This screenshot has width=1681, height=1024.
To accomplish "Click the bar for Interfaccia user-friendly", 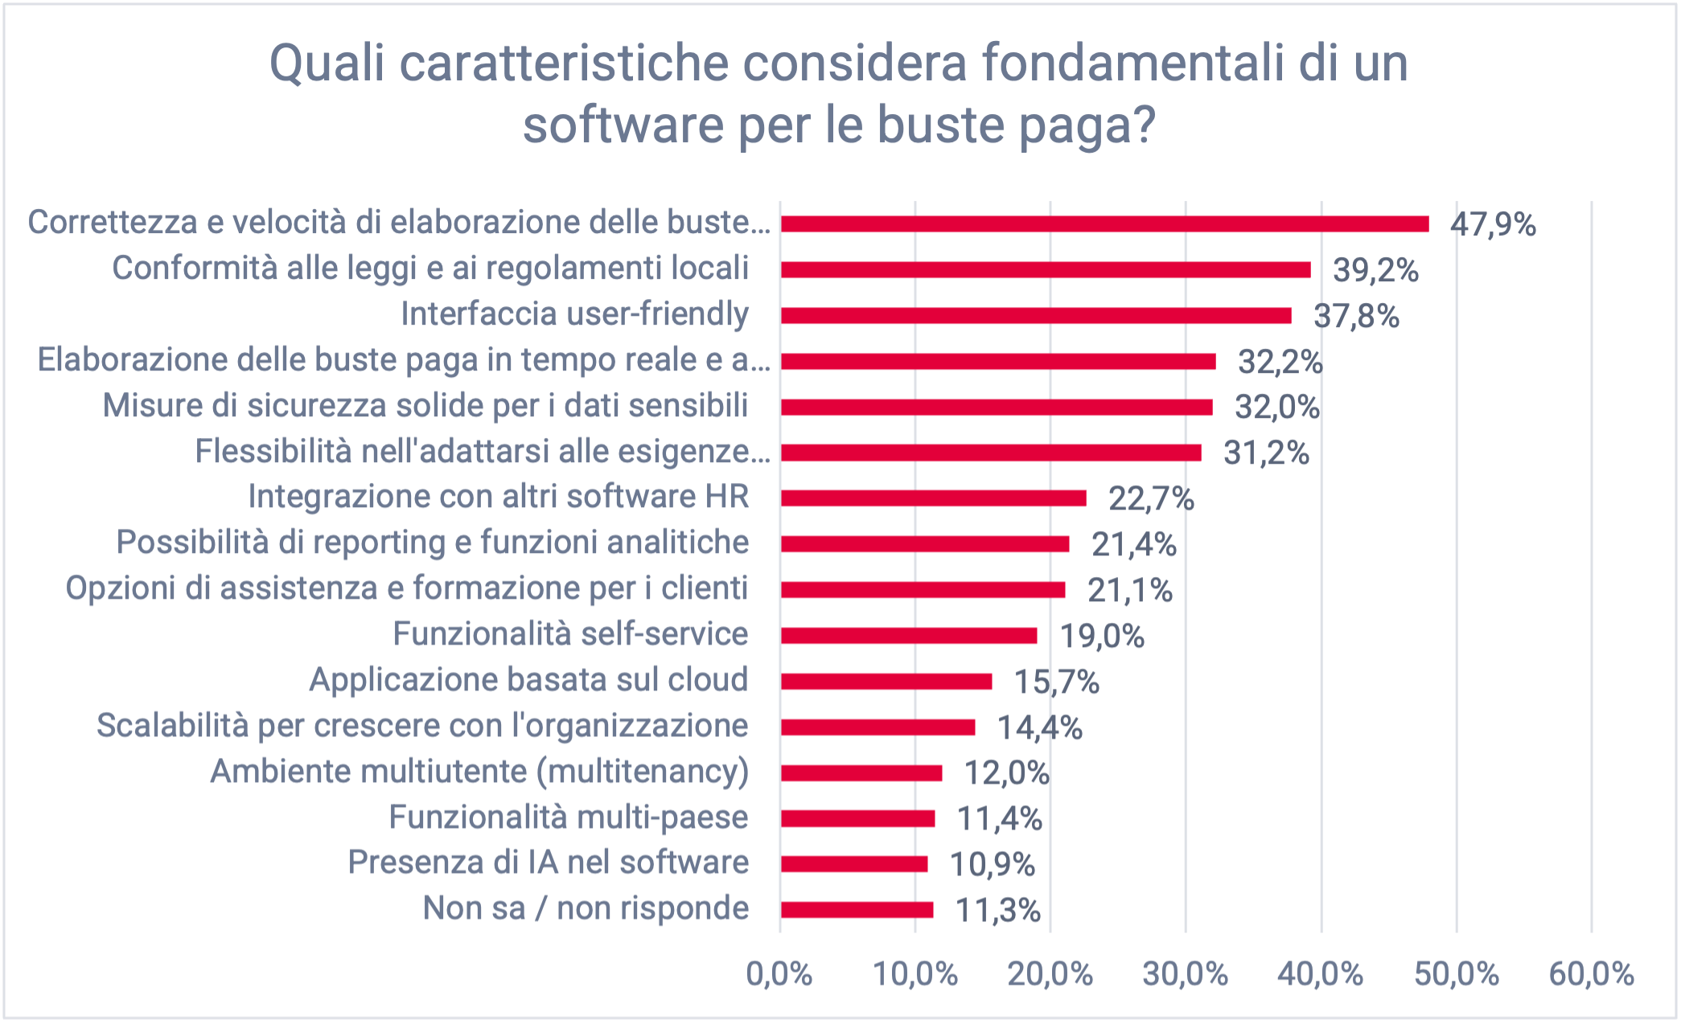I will tap(1036, 315).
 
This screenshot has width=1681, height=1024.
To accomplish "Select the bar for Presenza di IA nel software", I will tap(854, 864).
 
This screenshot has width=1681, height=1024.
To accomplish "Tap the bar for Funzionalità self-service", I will tap(909, 636).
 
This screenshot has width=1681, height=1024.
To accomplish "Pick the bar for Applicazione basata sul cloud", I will tap(886, 682).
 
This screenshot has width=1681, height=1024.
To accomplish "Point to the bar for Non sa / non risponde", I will tap(857, 910).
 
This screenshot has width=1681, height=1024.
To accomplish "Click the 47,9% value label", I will tap(1493, 224).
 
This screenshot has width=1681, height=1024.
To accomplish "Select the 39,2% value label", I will tap(1375, 270).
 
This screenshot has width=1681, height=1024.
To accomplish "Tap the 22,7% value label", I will tap(1151, 499).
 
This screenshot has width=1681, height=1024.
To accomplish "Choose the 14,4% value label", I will tap(1039, 727).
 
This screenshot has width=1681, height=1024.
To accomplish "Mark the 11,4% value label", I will tap(999, 819).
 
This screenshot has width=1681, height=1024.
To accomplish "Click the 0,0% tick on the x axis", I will tap(779, 974).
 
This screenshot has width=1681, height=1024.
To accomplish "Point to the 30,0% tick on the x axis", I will tap(1185, 974).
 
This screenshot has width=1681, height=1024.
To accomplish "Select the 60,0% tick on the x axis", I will tap(1591, 974).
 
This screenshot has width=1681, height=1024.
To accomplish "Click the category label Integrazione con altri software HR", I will tap(498, 497).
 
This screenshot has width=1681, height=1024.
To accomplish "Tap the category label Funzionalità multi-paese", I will tap(568, 817).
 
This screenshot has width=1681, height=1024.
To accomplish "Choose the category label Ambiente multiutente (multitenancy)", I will tap(479, 771).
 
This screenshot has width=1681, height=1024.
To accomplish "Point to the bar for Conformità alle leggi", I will tap(1046, 270).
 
